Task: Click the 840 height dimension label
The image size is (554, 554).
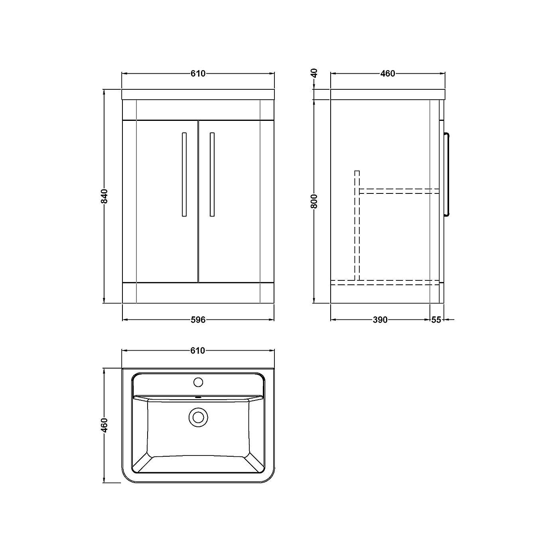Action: (x=104, y=196)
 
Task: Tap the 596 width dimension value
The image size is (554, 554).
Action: (x=198, y=319)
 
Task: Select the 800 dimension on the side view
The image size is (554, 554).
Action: (x=314, y=201)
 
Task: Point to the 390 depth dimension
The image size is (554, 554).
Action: (x=380, y=319)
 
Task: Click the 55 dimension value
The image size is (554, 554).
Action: (x=436, y=319)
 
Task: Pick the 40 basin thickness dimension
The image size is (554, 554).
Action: (x=314, y=73)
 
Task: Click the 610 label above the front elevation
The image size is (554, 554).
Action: (x=198, y=73)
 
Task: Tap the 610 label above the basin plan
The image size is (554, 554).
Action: (x=198, y=351)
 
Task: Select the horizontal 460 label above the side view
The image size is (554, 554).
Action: (x=388, y=73)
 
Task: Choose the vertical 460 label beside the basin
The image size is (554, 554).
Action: (x=104, y=425)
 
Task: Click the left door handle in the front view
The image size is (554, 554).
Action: (x=184, y=174)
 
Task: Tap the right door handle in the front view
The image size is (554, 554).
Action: (x=212, y=174)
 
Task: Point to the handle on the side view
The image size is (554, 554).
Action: (x=448, y=174)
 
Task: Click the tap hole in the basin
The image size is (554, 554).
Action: (x=198, y=382)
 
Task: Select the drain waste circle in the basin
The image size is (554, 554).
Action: (x=198, y=417)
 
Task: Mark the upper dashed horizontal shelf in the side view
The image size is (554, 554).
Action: (x=399, y=191)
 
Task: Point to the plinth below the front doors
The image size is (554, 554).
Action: (x=198, y=293)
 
